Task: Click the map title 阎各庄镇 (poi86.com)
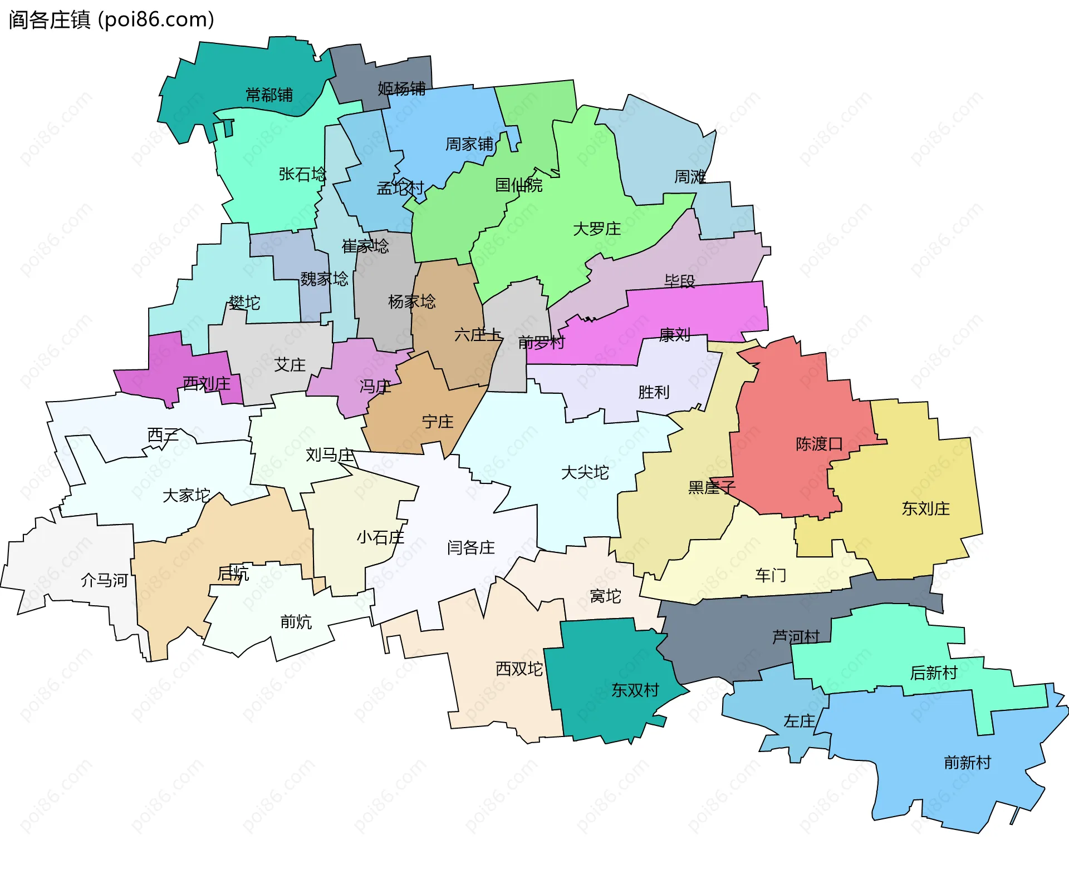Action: [111, 20]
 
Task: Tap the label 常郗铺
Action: [269, 95]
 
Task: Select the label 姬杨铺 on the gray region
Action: [401, 88]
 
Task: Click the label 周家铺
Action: [469, 145]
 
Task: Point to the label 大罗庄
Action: [597, 229]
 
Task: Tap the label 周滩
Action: [690, 177]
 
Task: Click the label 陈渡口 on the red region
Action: [819, 444]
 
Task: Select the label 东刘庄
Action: [925, 508]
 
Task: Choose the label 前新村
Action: [968, 762]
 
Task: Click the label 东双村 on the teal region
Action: [635, 690]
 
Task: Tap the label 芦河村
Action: [796, 637]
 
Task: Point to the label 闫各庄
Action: [471, 548]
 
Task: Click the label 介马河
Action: [105, 581]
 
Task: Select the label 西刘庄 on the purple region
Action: [207, 383]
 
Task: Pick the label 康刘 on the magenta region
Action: [675, 335]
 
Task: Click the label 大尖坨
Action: [585, 473]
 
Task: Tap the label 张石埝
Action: [302, 175]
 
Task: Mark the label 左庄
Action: [799, 721]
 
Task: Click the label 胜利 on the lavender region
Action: [654, 392]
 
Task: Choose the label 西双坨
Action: [519, 669]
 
